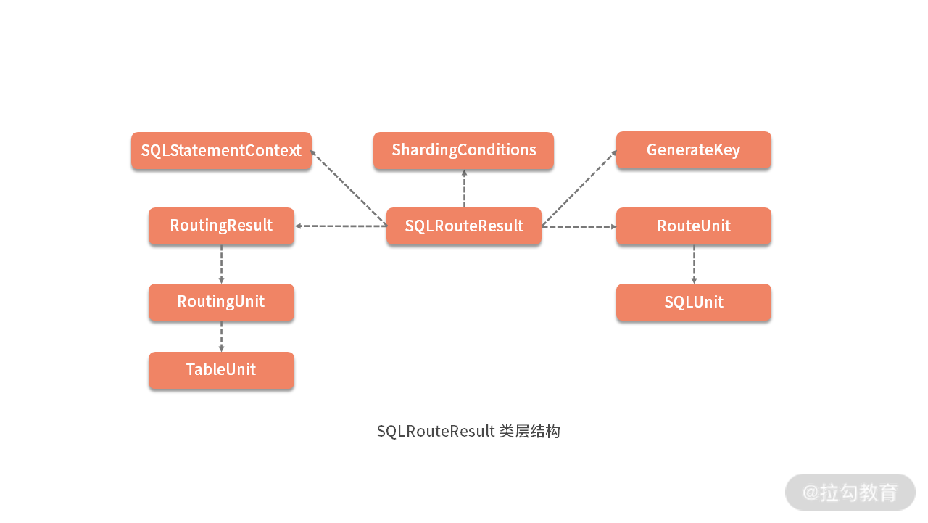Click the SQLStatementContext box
click(x=221, y=151)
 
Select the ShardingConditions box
click(x=464, y=151)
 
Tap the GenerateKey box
click(x=693, y=150)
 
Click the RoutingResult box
click(x=221, y=226)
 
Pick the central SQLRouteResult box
click(x=464, y=226)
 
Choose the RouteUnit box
click(x=693, y=226)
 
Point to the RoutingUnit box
click(x=221, y=302)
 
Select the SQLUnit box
click(x=693, y=302)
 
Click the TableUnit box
click(x=221, y=370)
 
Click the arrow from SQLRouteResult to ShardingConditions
click(x=464, y=189)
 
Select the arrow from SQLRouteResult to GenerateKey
click(x=579, y=188)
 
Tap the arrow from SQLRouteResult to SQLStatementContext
click(x=348, y=188)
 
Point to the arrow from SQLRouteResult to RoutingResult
click(x=340, y=226)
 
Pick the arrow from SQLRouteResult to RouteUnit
click(x=579, y=226)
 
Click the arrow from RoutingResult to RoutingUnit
click(x=221, y=264)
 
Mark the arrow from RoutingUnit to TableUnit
click(x=221, y=336)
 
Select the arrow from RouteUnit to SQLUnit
click(x=694, y=264)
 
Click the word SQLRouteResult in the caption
click(x=435, y=432)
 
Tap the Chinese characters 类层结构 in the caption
click(x=530, y=432)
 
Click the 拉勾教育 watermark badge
click(x=850, y=493)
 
